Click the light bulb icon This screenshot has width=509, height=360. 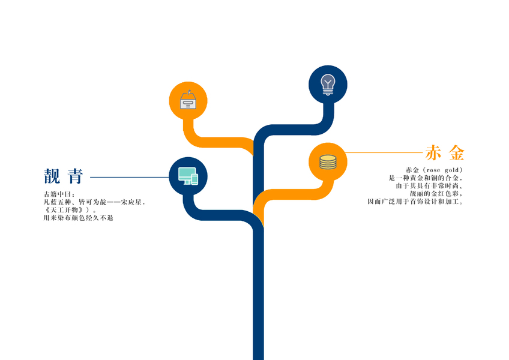(x=328, y=84)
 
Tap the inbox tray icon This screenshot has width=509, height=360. (x=188, y=101)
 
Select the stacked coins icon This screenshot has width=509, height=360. (x=328, y=161)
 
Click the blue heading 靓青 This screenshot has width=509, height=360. (x=63, y=176)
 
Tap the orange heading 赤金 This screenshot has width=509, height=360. (x=445, y=153)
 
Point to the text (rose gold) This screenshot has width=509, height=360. (x=441, y=170)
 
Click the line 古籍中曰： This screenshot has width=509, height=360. (x=59, y=194)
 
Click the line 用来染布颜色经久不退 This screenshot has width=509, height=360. (x=78, y=218)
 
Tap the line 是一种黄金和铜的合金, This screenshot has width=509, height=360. (x=426, y=178)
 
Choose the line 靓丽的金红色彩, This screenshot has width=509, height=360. (x=435, y=194)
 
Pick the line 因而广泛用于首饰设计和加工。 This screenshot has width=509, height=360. (x=415, y=202)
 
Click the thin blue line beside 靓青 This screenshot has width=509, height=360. (x=129, y=177)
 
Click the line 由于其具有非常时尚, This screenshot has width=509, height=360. (x=429, y=186)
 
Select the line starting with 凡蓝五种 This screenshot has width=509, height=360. (x=94, y=202)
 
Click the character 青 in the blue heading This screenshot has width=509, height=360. (x=75, y=176)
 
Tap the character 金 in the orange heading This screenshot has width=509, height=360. (x=457, y=153)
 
